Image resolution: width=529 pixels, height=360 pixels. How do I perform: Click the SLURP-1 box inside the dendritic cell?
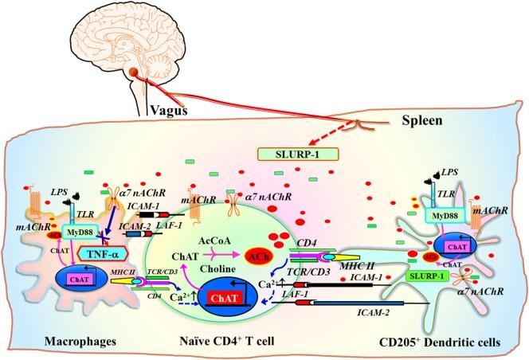click(429, 275)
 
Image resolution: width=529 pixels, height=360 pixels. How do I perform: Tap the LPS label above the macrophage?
click(56, 193)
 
